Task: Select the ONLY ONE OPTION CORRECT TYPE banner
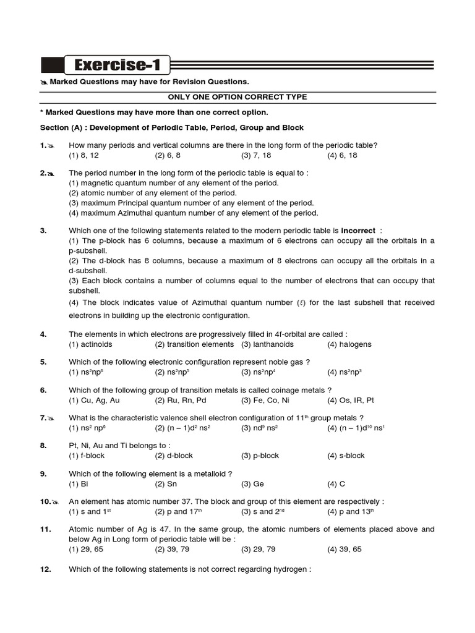237,97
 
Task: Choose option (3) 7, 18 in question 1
257,155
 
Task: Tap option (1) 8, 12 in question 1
83,155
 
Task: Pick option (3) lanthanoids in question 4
267,344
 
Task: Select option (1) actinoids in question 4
87,344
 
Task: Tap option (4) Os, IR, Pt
351,400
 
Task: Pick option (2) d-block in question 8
174,456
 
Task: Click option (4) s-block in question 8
346,456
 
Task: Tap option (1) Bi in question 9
79,484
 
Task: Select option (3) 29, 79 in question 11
259,549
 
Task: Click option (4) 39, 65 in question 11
345,549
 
